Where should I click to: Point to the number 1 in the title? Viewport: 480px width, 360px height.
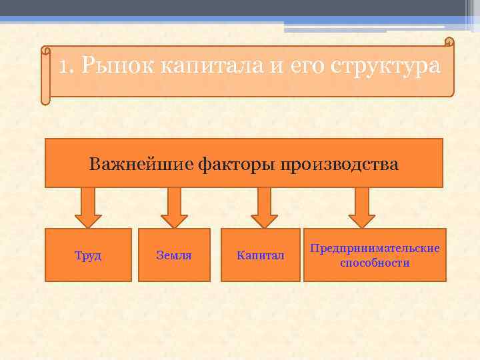coord(63,67)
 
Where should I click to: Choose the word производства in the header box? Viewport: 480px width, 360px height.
coord(340,164)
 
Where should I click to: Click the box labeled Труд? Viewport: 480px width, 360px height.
coord(88,255)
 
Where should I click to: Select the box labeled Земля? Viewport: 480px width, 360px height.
coord(174,255)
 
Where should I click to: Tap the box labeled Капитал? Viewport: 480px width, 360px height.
coord(260,255)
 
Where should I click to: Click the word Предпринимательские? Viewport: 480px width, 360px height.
coord(375,248)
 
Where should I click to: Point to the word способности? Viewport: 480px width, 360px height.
coord(375,263)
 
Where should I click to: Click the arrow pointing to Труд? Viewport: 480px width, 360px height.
coord(88,207)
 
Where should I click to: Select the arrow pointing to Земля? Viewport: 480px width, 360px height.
coord(175,207)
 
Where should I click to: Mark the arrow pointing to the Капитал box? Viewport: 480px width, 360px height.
coord(264,207)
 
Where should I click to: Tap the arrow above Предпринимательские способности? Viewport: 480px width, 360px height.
coord(362,207)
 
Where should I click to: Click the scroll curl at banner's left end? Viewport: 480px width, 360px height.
coord(45,75)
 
